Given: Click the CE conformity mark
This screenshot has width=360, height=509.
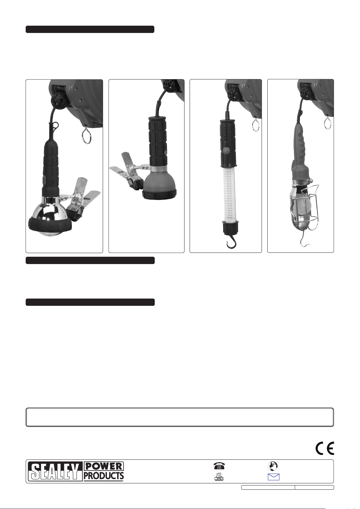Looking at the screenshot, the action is click(x=325, y=448).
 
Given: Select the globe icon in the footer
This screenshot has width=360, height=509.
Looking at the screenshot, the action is click(x=273, y=466).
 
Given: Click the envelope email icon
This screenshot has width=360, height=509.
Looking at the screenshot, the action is click(x=273, y=477).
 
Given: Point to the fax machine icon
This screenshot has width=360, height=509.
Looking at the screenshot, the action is click(x=219, y=476).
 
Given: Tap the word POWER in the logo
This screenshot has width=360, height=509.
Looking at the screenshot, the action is click(x=104, y=467).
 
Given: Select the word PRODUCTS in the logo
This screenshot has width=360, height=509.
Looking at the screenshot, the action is click(x=104, y=476).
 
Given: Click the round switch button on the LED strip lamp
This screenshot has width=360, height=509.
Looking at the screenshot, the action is click(x=226, y=150).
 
